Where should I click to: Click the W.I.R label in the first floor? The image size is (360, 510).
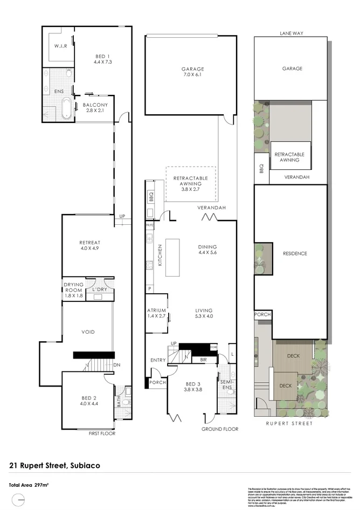pos(60,46)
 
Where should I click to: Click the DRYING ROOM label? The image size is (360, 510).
pos(73,287)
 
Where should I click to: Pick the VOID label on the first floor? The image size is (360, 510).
pos(88,332)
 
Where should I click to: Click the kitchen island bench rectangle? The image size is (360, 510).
pos(172,258)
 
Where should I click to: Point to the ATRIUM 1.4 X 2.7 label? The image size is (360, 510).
pos(157,314)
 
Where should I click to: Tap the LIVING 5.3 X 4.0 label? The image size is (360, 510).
pos(204,314)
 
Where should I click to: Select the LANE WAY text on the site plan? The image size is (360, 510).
pos(291,33)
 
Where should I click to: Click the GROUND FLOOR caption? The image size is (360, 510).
pos(219,429)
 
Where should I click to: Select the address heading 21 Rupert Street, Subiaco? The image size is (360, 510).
pos(55,464)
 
